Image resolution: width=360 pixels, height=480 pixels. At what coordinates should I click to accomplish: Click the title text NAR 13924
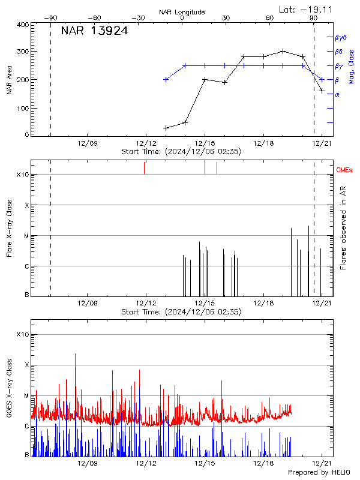pyautogui.click(x=95, y=32)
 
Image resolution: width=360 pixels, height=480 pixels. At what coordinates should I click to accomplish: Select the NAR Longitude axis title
pyautogui.click(x=182, y=12)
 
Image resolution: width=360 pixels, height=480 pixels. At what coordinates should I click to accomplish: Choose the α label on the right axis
pyautogui.click(x=337, y=94)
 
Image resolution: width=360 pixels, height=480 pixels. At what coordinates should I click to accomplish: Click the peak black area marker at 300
pyautogui.click(x=283, y=51)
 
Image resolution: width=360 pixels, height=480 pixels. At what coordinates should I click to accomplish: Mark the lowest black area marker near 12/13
pyautogui.click(x=166, y=128)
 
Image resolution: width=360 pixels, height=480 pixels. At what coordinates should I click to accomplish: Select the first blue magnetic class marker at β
pyautogui.click(x=166, y=79)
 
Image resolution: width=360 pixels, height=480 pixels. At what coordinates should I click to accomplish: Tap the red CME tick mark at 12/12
pyautogui.click(x=145, y=168)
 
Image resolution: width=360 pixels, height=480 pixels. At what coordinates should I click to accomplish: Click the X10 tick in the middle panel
pyautogui.click(x=22, y=175)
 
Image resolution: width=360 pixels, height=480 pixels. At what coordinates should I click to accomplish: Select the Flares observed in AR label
pyautogui.click(x=343, y=227)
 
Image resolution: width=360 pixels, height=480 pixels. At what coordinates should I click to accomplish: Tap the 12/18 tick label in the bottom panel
pyautogui.click(x=263, y=464)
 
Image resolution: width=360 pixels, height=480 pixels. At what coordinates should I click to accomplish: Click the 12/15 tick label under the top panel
pyautogui.click(x=205, y=143)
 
